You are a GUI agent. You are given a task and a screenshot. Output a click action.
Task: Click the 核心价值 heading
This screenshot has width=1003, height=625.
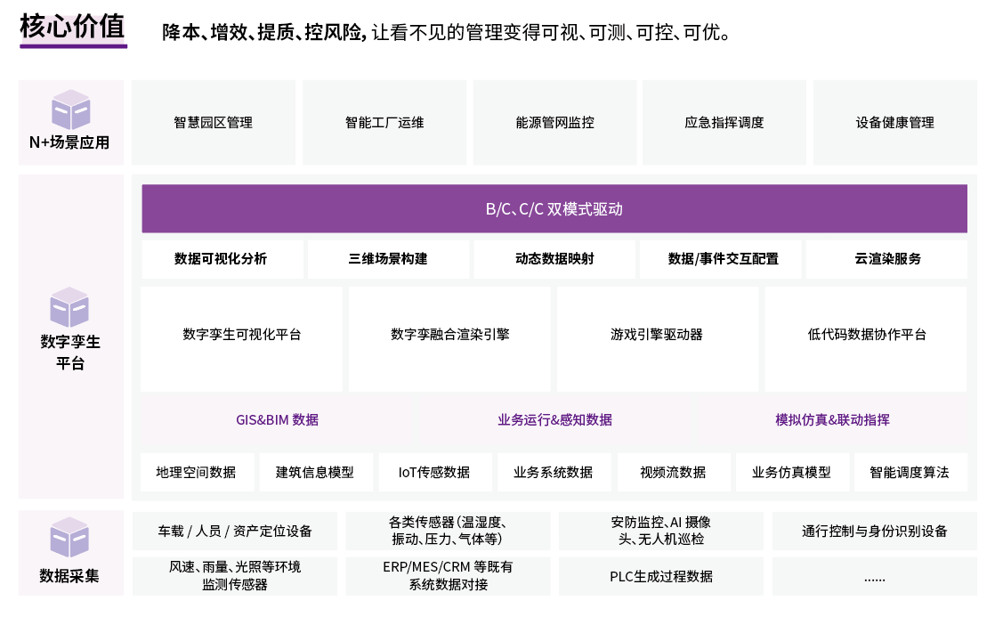click(72, 27)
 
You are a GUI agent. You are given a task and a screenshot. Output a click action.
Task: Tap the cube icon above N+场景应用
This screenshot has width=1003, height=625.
click(70, 110)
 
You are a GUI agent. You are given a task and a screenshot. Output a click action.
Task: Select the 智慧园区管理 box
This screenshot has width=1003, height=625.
click(214, 122)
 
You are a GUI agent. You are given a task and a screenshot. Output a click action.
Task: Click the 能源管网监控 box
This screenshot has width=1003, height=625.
click(554, 122)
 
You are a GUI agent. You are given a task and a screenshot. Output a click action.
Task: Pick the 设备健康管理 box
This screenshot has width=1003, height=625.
click(895, 122)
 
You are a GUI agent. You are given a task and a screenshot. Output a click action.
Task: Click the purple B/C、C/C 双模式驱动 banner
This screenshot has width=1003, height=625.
click(554, 208)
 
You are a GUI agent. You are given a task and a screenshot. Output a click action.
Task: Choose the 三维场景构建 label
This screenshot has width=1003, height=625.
click(388, 259)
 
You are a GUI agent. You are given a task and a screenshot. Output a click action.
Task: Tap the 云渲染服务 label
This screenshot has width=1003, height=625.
click(887, 259)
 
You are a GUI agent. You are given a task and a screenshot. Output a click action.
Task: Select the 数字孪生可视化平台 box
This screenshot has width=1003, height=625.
click(241, 338)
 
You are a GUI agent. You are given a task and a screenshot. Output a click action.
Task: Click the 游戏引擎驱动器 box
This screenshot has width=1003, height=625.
click(657, 338)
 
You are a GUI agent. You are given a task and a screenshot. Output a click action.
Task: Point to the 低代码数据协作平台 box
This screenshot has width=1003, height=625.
click(866, 338)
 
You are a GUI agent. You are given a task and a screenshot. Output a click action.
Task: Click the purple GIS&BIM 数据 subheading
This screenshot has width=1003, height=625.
click(277, 419)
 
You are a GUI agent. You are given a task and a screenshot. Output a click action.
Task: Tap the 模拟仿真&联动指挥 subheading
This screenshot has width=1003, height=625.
click(832, 419)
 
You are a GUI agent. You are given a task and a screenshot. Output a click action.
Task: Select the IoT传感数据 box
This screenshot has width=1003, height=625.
click(435, 472)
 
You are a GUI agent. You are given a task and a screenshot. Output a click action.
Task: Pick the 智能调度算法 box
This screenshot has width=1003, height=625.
click(910, 472)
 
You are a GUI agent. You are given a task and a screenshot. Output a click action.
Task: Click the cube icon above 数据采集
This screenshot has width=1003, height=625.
click(69, 537)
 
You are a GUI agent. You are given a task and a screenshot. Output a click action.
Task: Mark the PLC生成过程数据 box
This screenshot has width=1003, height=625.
click(660, 576)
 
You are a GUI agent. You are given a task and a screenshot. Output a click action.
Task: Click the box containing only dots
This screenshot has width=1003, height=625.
click(875, 576)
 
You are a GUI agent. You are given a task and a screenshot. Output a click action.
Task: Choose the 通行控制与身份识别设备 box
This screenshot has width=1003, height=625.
click(875, 531)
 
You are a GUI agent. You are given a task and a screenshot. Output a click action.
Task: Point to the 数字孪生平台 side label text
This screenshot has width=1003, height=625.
click(70, 353)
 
